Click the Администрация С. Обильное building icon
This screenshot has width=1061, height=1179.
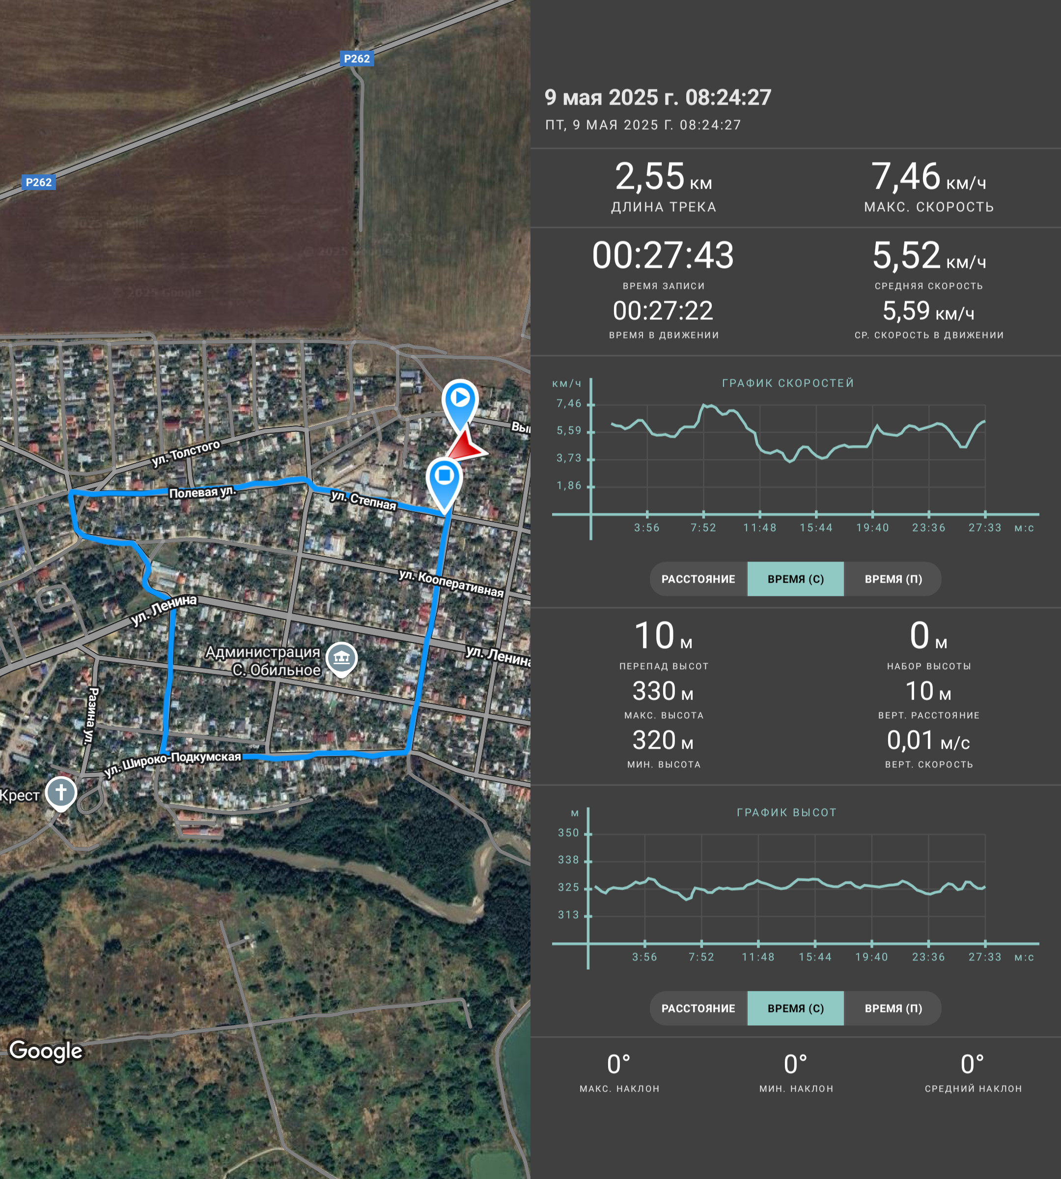pyautogui.click(x=341, y=659)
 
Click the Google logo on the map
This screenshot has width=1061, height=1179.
pyautogui.click(x=46, y=1051)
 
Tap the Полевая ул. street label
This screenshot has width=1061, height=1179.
pyautogui.click(x=202, y=492)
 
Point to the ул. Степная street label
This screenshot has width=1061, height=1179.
pyautogui.click(x=363, y=500)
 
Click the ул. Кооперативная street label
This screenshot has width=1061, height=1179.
pyautogui.click(x=451, y=583)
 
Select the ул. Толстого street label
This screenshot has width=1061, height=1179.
pyautogui.click(x=186, y=453)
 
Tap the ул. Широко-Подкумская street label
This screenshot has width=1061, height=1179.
pyautogui.click(x=172, y=763)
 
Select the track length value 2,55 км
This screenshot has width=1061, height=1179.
pyautogui.click(x=664, y=177)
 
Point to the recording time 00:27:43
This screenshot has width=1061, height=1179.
pyautogui.click(x=664, y=255)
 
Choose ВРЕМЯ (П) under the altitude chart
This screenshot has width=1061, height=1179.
pyautogui.click(x=893, y=1008)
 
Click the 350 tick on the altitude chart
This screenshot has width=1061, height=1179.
pyautogui.click(x=568, y=833)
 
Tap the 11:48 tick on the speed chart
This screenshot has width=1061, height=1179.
pyautogui.click(x=759, y=528)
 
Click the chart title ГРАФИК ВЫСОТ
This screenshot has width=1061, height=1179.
pyautogui.click(x=786, y=812)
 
